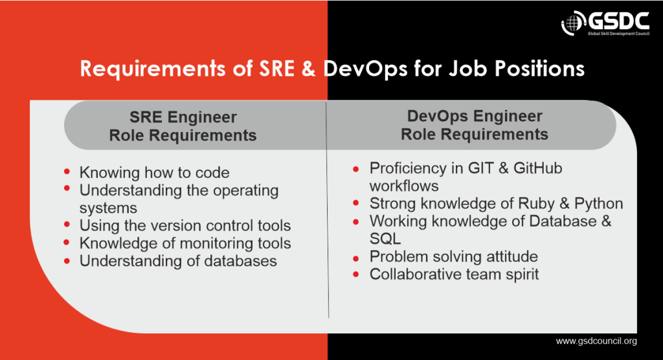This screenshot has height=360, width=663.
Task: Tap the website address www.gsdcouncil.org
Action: click(596, 341)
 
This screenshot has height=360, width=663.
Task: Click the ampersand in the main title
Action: click(306, 69)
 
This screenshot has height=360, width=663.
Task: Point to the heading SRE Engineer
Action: click(183, 118)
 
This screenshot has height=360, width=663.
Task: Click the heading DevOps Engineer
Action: click(475, 117)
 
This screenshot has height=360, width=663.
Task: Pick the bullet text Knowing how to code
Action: click(154, 173)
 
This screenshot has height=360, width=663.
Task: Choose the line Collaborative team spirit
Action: click(454, 275)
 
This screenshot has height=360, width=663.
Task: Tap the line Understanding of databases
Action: click(178, 261)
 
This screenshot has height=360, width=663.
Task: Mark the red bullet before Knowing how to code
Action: click(67, 172)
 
